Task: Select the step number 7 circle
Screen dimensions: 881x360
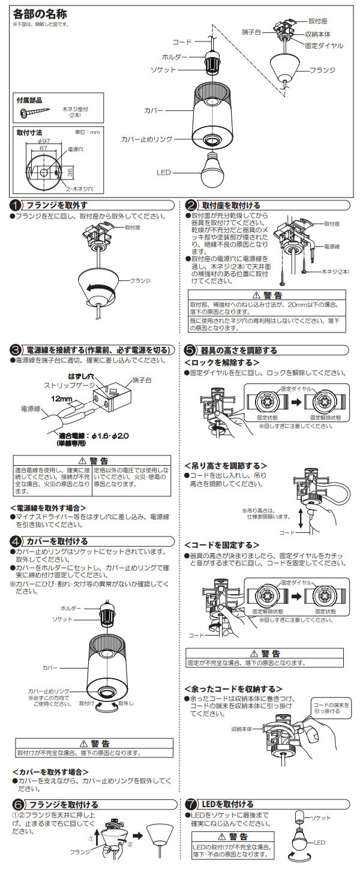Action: pyautogui.click(x=191, y=804)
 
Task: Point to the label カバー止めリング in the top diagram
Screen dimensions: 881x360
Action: pyautogui.click(x=146, y=139)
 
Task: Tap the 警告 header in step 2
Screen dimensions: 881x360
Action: pyautogui.click(x=267, y=295)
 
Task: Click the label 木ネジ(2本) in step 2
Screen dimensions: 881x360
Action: pyautogui.click(x=335, y=272)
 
